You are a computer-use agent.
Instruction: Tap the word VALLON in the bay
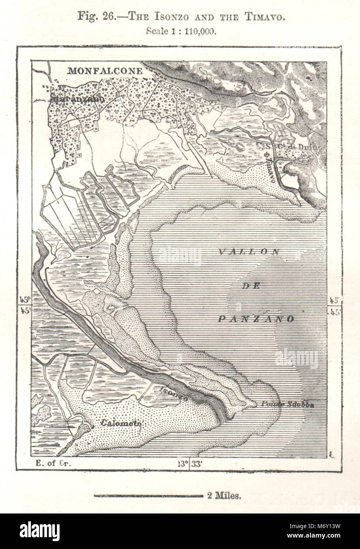click(x=249, y=252)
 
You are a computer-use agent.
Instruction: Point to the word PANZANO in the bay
click(x=256, y=319)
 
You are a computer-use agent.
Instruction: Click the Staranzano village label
click(x=78, y=99)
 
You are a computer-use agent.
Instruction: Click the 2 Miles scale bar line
click(x=148, y=496)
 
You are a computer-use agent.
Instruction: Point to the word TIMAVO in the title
click(x=262, y=17)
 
